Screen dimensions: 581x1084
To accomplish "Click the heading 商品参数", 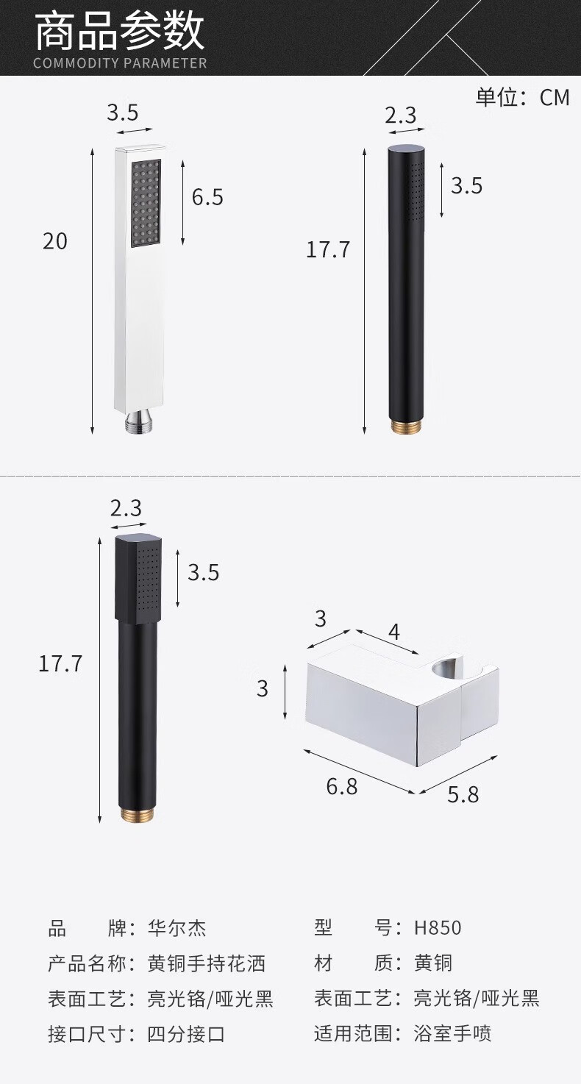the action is point(120,32).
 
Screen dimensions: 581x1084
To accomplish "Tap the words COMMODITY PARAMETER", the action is point(120,63).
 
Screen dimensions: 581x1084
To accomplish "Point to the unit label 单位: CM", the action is point(522,97).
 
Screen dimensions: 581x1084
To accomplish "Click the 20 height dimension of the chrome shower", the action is point(54,241).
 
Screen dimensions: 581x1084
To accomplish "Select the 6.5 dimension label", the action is point(207,197).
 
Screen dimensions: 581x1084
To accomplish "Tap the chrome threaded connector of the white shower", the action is point(140,421).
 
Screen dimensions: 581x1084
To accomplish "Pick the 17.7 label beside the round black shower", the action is point(328,250).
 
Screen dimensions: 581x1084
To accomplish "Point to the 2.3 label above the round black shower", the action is point(401,115).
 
